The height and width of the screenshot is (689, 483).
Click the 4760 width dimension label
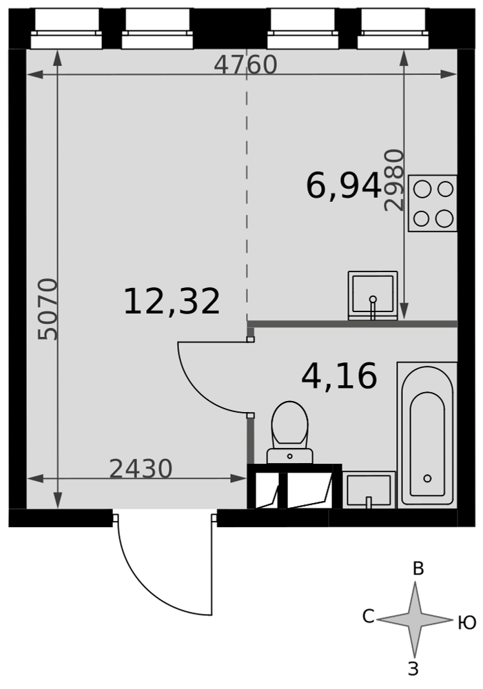tap(245, 65)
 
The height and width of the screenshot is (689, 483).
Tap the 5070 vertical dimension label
tap(48, 309)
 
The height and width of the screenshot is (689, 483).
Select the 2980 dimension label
tap(394, 180)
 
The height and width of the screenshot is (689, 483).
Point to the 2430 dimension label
tap(141, 469)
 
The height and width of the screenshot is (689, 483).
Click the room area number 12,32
tap(172, 302)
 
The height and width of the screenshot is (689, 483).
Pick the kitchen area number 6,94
tap(344, 185)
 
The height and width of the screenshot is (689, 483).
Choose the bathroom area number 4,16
tap(339, 376)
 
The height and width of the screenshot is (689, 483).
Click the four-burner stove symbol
tap(433, 203)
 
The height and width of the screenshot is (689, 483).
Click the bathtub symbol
tap(427, 435)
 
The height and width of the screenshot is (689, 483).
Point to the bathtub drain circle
tap(427, 479)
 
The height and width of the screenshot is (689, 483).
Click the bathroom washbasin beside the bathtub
tap(369, 490)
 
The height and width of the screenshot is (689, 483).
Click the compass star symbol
tap(414, 619)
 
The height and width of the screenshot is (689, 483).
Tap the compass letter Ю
tap(467, 623)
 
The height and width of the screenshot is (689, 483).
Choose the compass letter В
tap(418, 568)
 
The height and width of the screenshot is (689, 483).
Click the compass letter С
tap(369, 616)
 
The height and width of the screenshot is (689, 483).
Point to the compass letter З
tap(413, 669)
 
